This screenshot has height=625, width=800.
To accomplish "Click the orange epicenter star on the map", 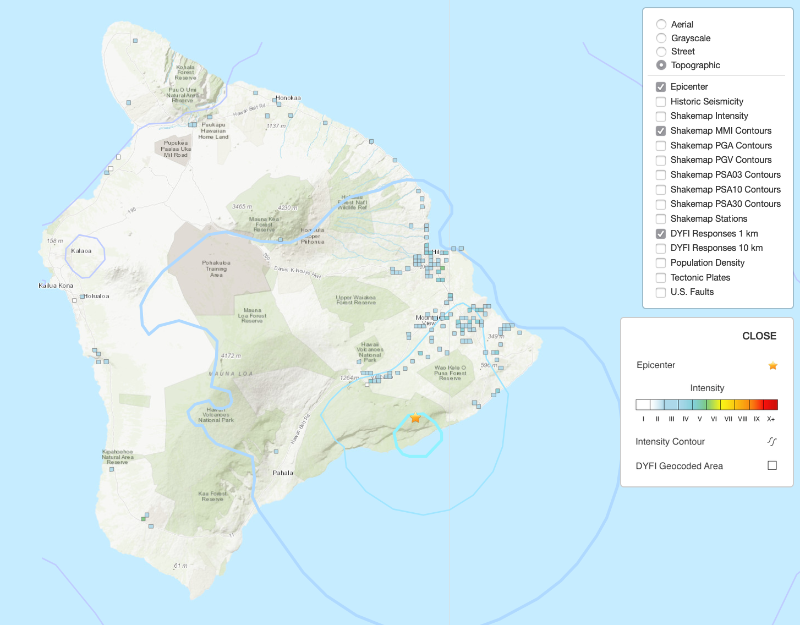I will coord(415,418).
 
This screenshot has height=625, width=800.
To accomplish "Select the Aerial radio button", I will coord(661,24).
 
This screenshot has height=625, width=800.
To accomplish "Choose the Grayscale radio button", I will coord(661,38).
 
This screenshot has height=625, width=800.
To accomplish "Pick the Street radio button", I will coord(661,52).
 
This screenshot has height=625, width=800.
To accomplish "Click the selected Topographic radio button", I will coord(661,65).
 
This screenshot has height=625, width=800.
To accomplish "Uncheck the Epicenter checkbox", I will coord(661,87).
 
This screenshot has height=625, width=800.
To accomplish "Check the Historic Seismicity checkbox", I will coord(661,102).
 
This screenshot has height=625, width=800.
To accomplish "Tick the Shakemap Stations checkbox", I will coord(661,219).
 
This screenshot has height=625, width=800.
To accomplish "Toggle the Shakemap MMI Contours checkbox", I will coord(661,131).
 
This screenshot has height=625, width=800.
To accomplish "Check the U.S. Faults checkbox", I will coord(661,292).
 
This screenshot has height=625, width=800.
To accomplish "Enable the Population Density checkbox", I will coord(661,263).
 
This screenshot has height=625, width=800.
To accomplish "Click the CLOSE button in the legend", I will coord(759,336).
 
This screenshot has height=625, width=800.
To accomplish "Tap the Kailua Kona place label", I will coord(56,286).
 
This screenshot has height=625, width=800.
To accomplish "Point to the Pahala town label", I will coord(283,473).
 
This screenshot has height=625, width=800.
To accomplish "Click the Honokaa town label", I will coord(288,98).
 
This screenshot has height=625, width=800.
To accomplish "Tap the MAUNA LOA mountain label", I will coord(231,374).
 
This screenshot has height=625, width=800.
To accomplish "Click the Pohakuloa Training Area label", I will coord(216,268).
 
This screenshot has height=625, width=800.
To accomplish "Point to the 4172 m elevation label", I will coord(231,356).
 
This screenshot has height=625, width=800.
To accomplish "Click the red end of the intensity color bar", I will coord(771,405).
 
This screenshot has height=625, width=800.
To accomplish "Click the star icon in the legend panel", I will coord(772,366).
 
